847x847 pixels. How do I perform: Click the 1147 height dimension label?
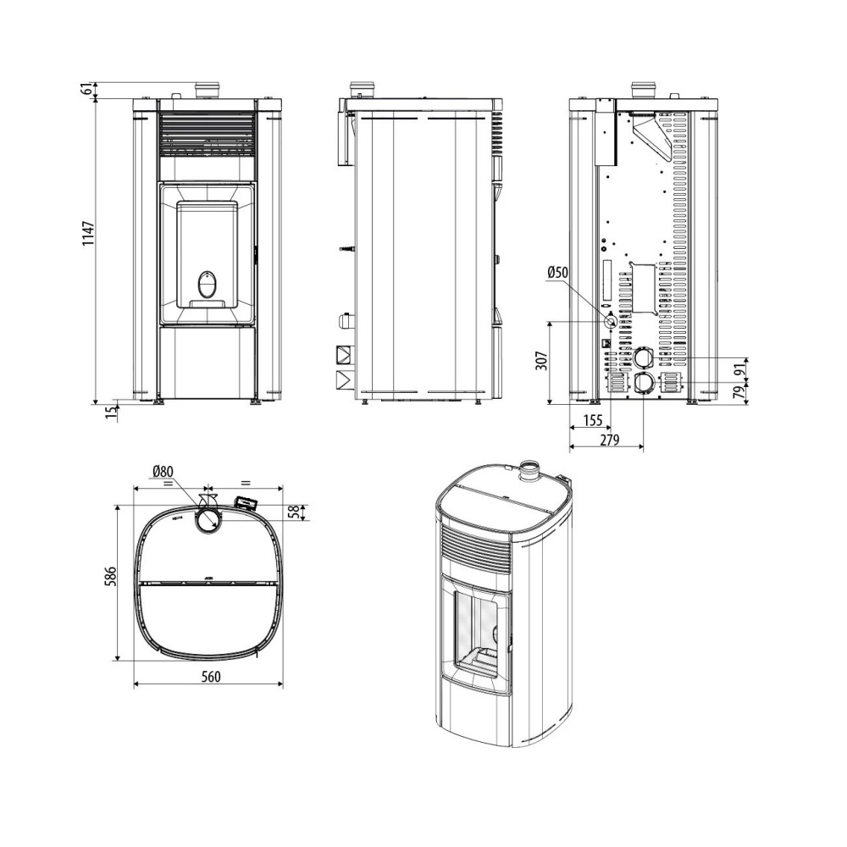89,234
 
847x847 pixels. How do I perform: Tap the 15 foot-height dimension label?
111,412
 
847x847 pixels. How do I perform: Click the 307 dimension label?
542,360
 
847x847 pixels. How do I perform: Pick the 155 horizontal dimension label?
593,419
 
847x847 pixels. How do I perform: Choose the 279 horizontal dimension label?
610,440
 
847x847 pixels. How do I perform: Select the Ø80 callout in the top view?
163,472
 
